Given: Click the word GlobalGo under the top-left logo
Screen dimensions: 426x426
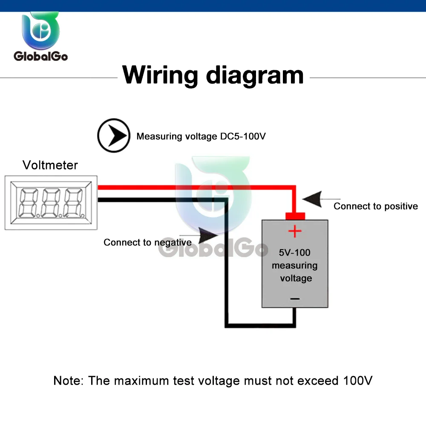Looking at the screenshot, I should coord(40,56).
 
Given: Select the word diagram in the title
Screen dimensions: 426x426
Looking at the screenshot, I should coord(255,75).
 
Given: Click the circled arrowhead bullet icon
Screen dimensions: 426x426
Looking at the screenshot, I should coord(113,135).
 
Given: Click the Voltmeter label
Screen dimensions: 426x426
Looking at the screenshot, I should coord(50,165).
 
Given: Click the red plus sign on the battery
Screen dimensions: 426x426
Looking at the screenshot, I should coord(295,232).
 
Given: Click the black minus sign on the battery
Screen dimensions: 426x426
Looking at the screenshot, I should coord(295,299).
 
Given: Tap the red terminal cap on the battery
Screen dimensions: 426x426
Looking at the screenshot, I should coord(295,216).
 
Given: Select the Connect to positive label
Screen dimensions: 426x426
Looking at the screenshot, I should coord(375,206).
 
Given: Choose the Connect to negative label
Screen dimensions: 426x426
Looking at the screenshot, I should coord(147,242).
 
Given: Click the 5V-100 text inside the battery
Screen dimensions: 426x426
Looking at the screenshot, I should coord(295,253).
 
